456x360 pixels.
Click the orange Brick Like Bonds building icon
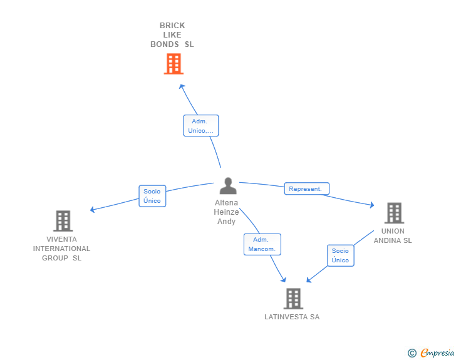174,64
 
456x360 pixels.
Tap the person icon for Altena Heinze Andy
228,186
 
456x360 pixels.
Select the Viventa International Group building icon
63,221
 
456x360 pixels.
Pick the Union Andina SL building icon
393,213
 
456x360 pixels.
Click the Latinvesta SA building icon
293,299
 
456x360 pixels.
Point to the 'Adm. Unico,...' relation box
201,126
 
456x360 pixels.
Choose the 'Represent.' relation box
306,188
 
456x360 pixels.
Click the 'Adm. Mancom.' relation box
262,244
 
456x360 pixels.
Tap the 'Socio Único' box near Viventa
152,196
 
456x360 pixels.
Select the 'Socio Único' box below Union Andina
340,255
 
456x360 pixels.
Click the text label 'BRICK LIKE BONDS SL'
172,35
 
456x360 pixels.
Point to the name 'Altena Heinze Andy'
227,212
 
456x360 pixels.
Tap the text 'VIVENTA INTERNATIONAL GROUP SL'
62,249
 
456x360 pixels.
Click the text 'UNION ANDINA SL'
393,235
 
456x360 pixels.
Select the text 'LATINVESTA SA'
292,317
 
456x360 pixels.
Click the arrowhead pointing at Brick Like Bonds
181,86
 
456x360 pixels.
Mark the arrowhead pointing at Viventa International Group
93,210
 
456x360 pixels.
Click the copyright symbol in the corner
412,353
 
